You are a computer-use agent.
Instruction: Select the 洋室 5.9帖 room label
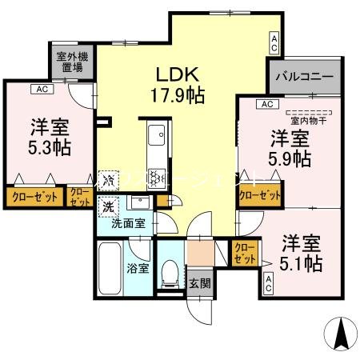click(290, 148)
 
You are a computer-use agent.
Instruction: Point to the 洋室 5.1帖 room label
click(300, 252)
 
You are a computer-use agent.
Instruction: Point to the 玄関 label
click(199, 282)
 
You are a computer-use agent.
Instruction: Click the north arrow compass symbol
click(339, 332)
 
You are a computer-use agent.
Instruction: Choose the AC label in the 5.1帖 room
click(268, 282)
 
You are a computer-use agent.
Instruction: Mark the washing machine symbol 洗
click(109, 207)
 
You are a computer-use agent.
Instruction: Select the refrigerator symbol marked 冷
click(110, 180)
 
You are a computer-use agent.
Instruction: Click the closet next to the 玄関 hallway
click(245, 254)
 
